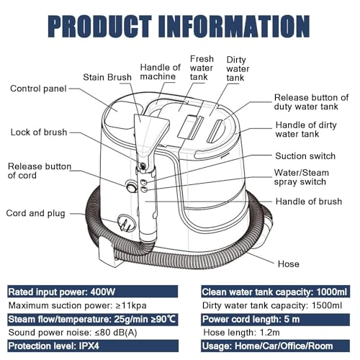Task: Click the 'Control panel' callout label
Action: click(x=38, y=89)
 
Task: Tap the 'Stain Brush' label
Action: click(x=107, y=77)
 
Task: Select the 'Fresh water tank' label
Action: click(x=202, y=68)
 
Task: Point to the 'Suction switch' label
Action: click(x=305, y=156)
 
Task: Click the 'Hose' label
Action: click(x=289, y=264)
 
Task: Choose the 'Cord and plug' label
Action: click(x=35, y=213)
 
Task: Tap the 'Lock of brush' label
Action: click(x=39, y=132)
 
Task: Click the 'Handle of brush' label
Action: click(x=309, y=202)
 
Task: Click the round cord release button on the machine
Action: click(x=131, y=186)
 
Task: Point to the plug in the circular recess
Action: click(x=127, y=223)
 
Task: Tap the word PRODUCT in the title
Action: click(x=100, y=26)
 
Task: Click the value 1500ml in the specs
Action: click(x=327, y=305)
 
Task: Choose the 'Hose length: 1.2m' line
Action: click(x=241, y=333)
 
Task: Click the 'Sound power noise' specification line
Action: click(x=73, y=333)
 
